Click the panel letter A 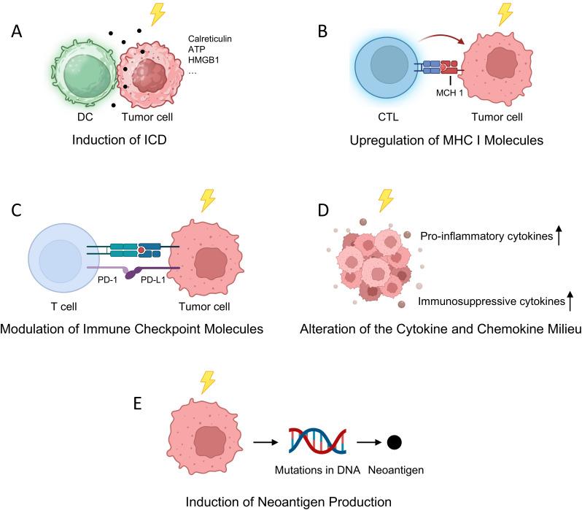coord(19,34)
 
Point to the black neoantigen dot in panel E coord(395,442)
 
